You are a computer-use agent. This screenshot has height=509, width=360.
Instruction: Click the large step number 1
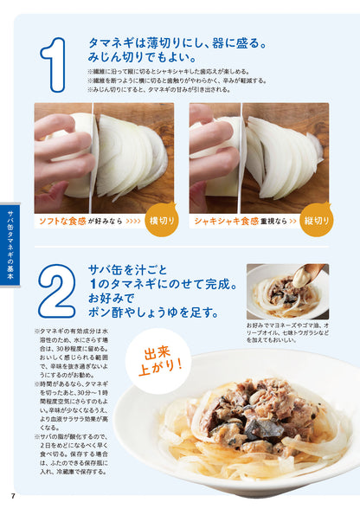[x=56, y=62]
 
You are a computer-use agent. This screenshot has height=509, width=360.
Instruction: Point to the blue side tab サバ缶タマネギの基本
[x=10, y=238]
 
